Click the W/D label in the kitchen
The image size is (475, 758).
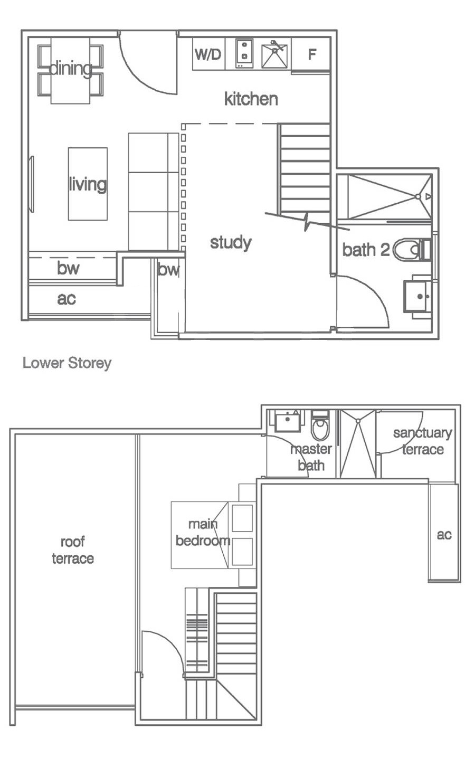coord(208,54)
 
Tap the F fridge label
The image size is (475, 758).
coord(312,54)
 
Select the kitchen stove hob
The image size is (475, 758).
coord(243,53)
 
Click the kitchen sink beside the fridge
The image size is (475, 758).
coord(276,54)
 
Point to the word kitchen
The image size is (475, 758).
coord(251,99)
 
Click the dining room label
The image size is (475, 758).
coord(70,69)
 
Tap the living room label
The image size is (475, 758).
coord(88,184)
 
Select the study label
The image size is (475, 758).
coord(231,243)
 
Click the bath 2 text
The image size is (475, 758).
coord(366,250)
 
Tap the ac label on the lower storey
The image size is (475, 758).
coord(66,299)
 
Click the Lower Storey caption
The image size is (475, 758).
coord(67,363)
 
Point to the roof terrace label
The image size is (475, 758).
coord(73,550)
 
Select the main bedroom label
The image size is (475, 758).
coord(203,533)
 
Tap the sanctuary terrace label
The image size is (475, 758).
coord(422,441)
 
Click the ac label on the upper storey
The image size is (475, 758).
coord(444,535)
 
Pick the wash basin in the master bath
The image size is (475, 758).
coord(287,421)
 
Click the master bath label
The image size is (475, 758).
coord(311,457)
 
